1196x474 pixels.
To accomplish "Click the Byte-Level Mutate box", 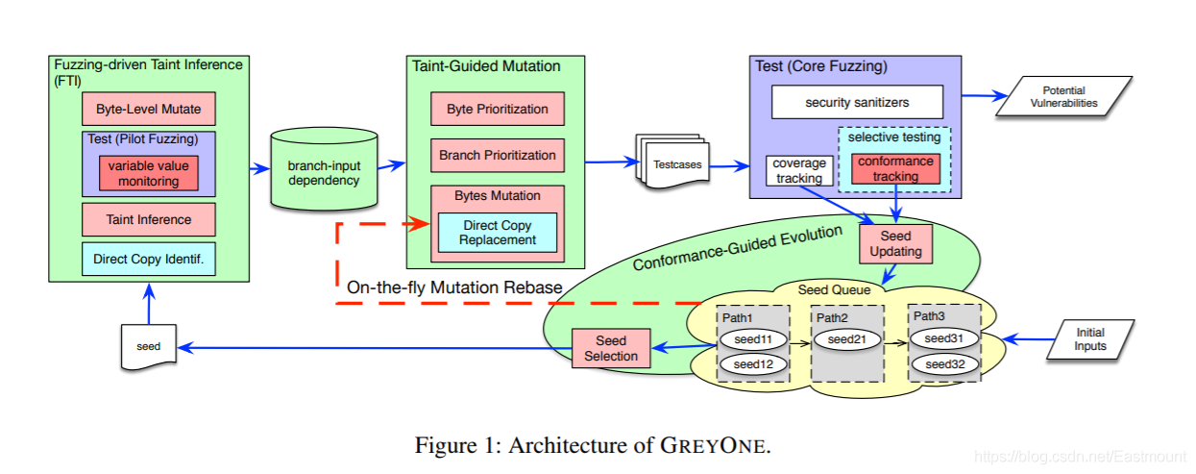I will click(148, 109).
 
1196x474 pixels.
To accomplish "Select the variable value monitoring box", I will click(149, 173).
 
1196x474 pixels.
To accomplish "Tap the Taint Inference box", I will click(148, 219).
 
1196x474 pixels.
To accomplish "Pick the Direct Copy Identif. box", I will click(148, 259).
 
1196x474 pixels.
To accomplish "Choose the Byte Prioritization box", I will click(497, 109).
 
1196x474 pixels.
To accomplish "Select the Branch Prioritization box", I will click(497, 155).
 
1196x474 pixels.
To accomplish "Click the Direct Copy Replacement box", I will click(497, 232).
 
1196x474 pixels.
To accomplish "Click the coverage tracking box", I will click(799, 170).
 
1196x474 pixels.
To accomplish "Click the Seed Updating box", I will click(895, 243).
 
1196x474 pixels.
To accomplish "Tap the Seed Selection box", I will click(610, 348).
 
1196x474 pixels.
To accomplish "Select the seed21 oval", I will click(847, 339).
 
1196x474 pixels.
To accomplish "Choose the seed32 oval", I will click(944, 364).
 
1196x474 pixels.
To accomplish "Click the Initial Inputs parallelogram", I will click(1090, 339).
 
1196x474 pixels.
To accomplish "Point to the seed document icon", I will click(149, 345).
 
